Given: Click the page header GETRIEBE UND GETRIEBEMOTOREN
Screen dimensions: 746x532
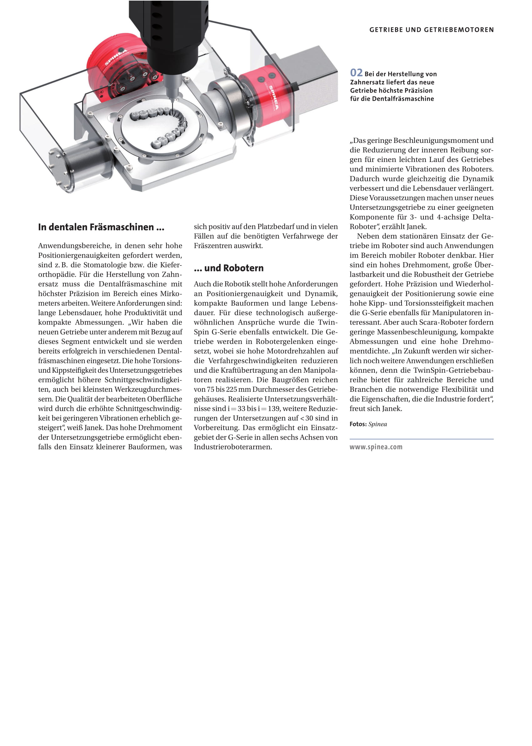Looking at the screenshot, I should click(x=431, y=30).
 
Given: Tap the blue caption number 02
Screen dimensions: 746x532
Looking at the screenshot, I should click(x=356, y=73).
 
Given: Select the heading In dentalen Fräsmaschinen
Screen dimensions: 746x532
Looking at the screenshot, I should click(x=101, y=227).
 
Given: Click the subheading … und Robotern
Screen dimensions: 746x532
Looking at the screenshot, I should click(x=229, y=268).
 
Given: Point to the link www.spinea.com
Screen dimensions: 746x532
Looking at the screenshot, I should click(x=376, y=447).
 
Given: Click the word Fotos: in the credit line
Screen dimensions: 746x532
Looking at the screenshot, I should click(x=358, y=424).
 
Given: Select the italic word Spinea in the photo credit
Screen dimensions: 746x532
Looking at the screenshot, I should click(x=377, y=424).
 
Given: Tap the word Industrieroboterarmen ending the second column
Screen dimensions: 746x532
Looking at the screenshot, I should click(x=233, y=447).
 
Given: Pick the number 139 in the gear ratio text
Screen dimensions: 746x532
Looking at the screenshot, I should click(x=273, y=409).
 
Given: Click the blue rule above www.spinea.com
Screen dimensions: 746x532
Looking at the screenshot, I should click(x=421, y=439).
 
